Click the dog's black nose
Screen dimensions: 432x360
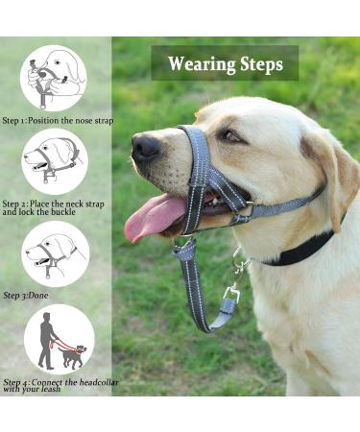click(146, 147)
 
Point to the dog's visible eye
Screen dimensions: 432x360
click(230, 135)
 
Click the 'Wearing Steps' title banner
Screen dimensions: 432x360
click(225, 63)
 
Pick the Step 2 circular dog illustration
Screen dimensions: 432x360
click(53, 160)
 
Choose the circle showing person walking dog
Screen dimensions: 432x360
click(59, 339)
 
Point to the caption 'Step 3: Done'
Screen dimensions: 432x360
click(25, 295)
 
